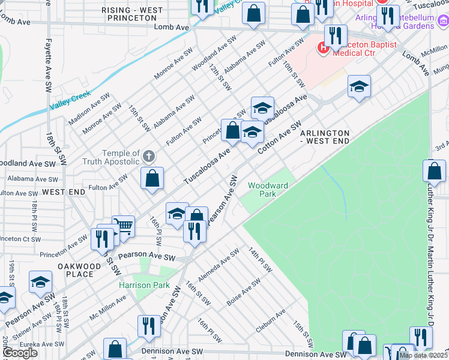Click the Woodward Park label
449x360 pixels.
pos(268,190)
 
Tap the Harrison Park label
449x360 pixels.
pos(144,286)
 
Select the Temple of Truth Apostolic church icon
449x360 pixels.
pos(149,157)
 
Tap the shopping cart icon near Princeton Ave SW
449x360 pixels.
pos(123,227)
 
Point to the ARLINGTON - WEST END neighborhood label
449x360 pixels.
pos(324,136)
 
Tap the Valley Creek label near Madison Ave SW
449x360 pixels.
pos(70,100)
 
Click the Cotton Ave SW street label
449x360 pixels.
pos(279,137)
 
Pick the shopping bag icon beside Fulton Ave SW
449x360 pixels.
pos(152,178)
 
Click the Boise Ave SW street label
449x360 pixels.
pos(244,292)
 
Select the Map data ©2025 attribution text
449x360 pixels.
pos(423,355)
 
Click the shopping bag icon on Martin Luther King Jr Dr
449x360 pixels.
pos(434,171)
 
